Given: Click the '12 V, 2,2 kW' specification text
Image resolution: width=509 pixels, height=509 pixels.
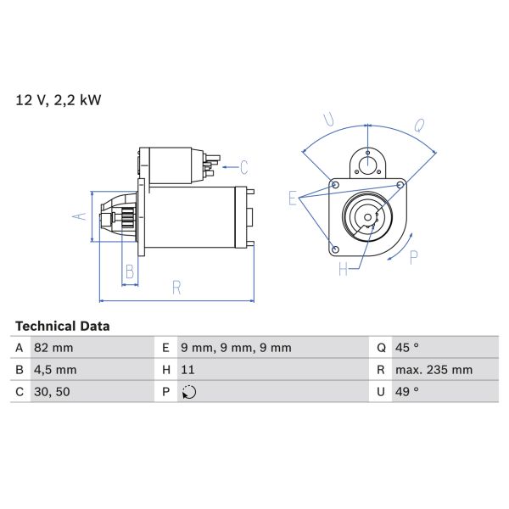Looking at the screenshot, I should (x=59, y=100).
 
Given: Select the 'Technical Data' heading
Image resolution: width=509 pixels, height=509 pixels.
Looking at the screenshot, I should (x=62, y=326).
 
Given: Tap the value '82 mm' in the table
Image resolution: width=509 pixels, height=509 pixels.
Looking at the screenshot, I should (x=53, y=348).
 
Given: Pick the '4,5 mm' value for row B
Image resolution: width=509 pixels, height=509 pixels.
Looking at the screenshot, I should (x=55, y=370).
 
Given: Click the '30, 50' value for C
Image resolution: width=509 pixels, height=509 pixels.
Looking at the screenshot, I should (x=52, y=392).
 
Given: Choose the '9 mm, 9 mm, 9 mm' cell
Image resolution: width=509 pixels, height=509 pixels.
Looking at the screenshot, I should (x=235, y=348).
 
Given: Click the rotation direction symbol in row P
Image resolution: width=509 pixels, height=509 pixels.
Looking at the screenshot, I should (x=188, y=392).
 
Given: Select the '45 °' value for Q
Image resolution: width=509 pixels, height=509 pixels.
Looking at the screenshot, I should (x=408, y=348).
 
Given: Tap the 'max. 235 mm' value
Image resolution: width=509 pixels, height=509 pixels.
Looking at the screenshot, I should (x=434, y=370).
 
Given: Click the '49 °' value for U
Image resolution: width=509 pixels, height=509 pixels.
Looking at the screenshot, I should (x=408, y=392).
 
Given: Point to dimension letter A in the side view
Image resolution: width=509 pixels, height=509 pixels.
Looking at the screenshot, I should (x=78, y=216).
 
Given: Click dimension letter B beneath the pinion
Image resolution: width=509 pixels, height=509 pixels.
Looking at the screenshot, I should (x=130, y=271).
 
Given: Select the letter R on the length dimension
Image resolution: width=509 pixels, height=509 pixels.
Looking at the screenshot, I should (x=176, y=288).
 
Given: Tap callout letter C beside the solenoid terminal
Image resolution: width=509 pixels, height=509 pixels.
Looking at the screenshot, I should (x=243, y=166).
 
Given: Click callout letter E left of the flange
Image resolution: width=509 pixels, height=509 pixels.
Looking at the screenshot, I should (x=293, y=199).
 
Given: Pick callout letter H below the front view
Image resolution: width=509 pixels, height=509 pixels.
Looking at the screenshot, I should (x=344, y=270).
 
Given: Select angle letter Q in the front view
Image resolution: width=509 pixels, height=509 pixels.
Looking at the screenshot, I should (x=418, y=126).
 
